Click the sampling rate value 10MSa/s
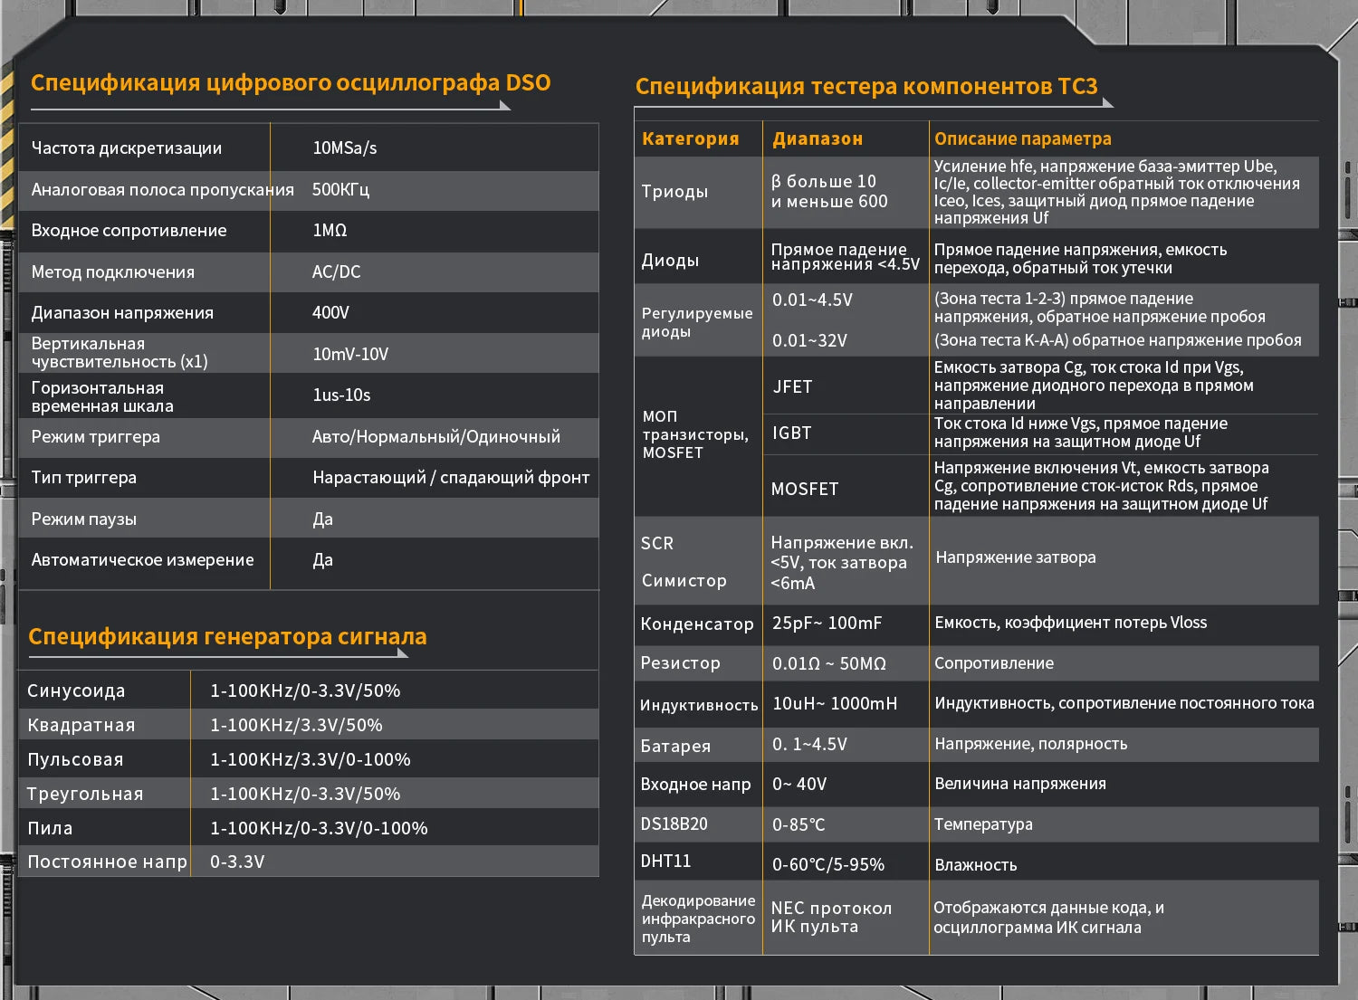click(344, 148)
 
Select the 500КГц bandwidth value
click(340, 189)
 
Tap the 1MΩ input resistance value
click(330, 230)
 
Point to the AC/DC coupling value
click(336, 271)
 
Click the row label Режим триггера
click(95, 436)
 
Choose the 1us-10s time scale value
click(341, 395)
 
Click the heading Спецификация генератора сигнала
click(227, 636)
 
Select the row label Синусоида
click(76, 690)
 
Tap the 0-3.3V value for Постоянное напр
click(237, 862)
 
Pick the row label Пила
click(50, 828)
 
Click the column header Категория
click(690, 138)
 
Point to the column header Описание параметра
click(1022, 138)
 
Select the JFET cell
click(792, 386)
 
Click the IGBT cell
click(791, 433)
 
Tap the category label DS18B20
click(674, 824)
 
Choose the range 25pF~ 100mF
click(827, 623)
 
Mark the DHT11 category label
click(665, 861)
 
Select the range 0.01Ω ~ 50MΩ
click(828, 663)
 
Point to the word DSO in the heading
click(528, 82)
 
